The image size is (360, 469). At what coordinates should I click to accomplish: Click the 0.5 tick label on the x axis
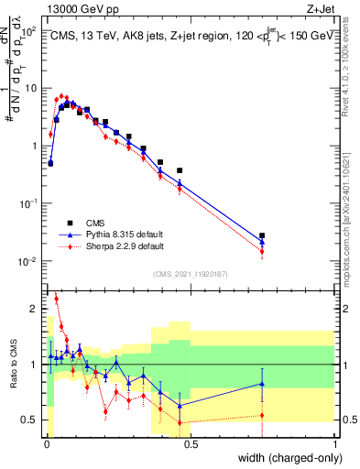pos(191,443)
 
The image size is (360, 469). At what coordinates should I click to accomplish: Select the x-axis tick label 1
pos(335,443)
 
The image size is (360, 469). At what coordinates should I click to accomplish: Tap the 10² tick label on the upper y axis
pos(30,30)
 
